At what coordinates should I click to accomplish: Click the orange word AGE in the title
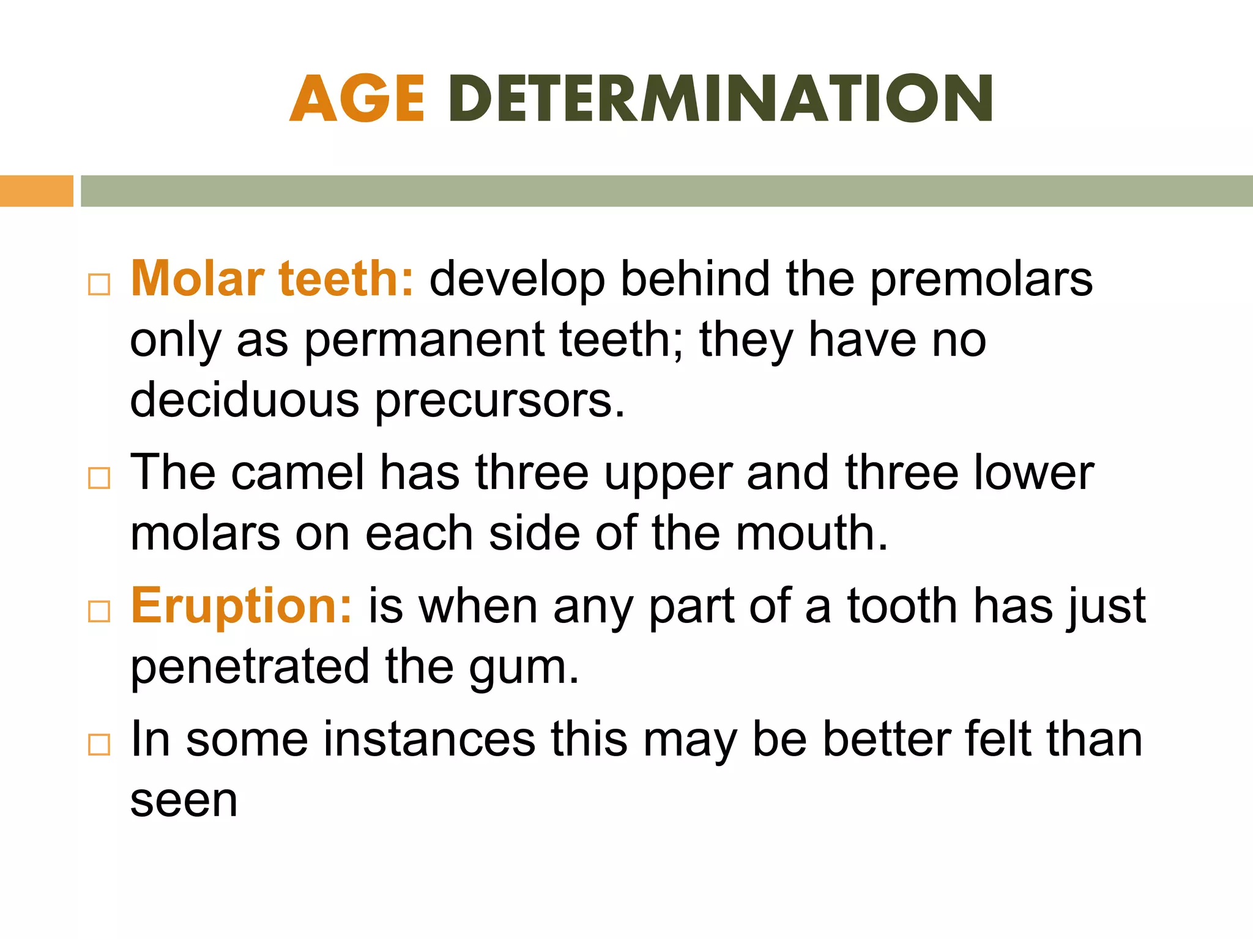[x=357, y=99]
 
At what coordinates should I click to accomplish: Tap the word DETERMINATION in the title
[x=721, y=99]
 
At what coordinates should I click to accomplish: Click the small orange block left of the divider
[x=36, y=191]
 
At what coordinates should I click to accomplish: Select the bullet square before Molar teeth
[x=99, y=285]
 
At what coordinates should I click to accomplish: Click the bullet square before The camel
[x=99, y=478]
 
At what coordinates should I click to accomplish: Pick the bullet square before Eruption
[x=99, y=611]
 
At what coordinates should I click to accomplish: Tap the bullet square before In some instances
[x=99, y=745]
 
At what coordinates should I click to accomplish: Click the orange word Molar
[x=198, y=279]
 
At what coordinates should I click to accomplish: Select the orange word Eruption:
[x=242, y=606]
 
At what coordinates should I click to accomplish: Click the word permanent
[x=424, y=341]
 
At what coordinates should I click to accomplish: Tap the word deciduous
[x=245, y=401]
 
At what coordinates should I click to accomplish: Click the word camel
[x=298, y=473]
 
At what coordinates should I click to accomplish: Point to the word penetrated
[x=250, y=667]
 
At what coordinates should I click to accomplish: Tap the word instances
[x=429, y=739]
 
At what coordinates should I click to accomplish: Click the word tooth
[x=902, y=606]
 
